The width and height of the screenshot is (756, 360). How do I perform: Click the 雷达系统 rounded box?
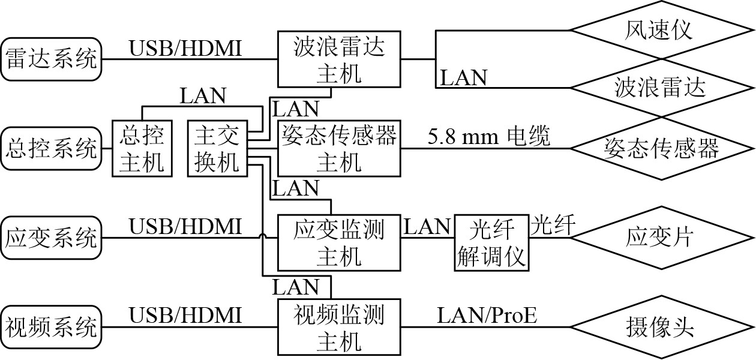pos(51,59)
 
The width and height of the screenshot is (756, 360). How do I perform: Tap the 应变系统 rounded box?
pos(51,238)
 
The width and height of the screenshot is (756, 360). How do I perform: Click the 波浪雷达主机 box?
pos(339,59)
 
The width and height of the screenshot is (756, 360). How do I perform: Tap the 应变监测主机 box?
pos(339,241)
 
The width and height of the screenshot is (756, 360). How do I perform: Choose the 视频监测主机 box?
pos(339,327)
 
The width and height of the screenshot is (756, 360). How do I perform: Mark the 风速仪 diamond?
pos(660,29)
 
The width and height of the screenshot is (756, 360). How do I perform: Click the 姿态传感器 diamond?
pos(660,148)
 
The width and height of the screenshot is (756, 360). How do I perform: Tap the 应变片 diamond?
pos(660,238)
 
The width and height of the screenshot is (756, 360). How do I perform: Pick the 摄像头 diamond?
pos(660,327)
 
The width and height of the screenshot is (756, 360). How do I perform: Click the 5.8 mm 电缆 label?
pos(489,137)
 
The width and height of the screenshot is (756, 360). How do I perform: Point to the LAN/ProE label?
pos(487,315)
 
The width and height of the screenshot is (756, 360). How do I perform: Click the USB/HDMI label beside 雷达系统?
pos(186,48)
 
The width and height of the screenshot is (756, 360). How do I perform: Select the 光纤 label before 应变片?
pos(553,227)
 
